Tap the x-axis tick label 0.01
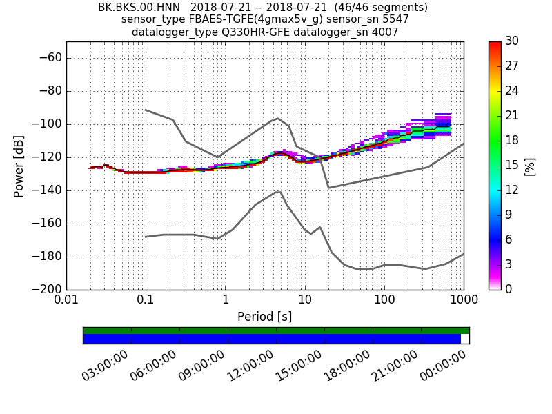(x=66, y=302)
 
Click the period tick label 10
(x=305, y=302)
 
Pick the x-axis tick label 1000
(x=463, y=302)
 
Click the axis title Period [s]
(x=265, y=317)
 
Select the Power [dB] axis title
(x=19, y=166)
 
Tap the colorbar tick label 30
(x=513, y=41)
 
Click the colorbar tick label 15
(x=513, y=166)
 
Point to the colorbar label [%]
(x=530, y=166)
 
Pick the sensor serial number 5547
(x=395, y=19)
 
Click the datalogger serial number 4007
(x=384, y=32)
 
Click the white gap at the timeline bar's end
(x=465, y=339)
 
